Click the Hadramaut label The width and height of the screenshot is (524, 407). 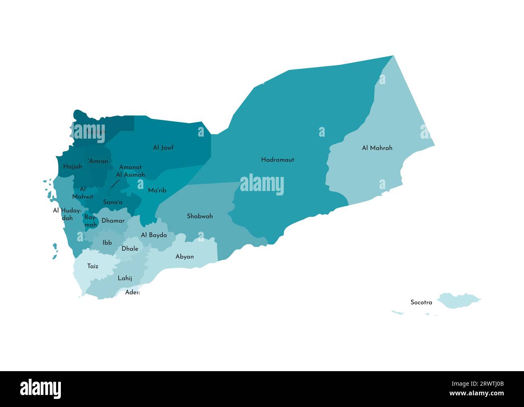coord(277,160)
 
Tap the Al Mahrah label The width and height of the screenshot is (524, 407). coord(377,148)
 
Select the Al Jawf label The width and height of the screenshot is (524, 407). coord(163,147)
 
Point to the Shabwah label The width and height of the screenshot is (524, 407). coord(200,216)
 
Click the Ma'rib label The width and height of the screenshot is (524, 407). coord(157,190)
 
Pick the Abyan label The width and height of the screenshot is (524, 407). coord(185,256)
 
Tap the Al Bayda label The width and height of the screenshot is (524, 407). coord(154,235)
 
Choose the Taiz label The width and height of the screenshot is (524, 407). coord(93,266)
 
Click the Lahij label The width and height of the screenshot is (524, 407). coord(125,278)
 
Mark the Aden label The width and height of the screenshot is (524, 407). coord(132,292)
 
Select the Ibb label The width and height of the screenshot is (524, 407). coord(107,243)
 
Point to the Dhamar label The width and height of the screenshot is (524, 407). coord(113,221)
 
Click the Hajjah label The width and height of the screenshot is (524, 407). coord(73,166)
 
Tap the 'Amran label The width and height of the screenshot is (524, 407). coord(98,161)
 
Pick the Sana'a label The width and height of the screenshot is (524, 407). coord(113,202)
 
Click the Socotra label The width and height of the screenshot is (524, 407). coord(421,302)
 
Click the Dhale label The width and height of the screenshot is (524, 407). coord(130,249)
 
